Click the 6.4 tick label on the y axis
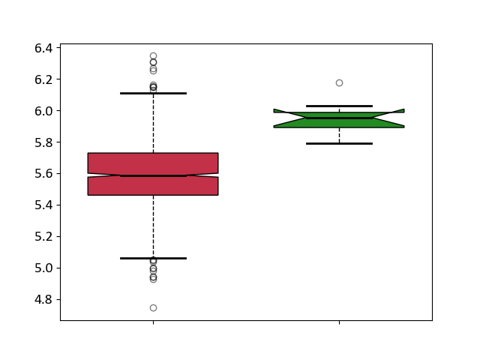pos(43,48)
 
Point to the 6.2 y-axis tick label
pos(43,79)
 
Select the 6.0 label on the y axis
pos(43,111)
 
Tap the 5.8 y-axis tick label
pos(43,142)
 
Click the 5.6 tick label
pos(43,174)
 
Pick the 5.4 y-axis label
pos(43,205)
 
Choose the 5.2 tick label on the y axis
pos(43,237)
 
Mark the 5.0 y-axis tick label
pos(43,268)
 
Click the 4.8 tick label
pos(43,300)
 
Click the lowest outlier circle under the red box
pos(153,308)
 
